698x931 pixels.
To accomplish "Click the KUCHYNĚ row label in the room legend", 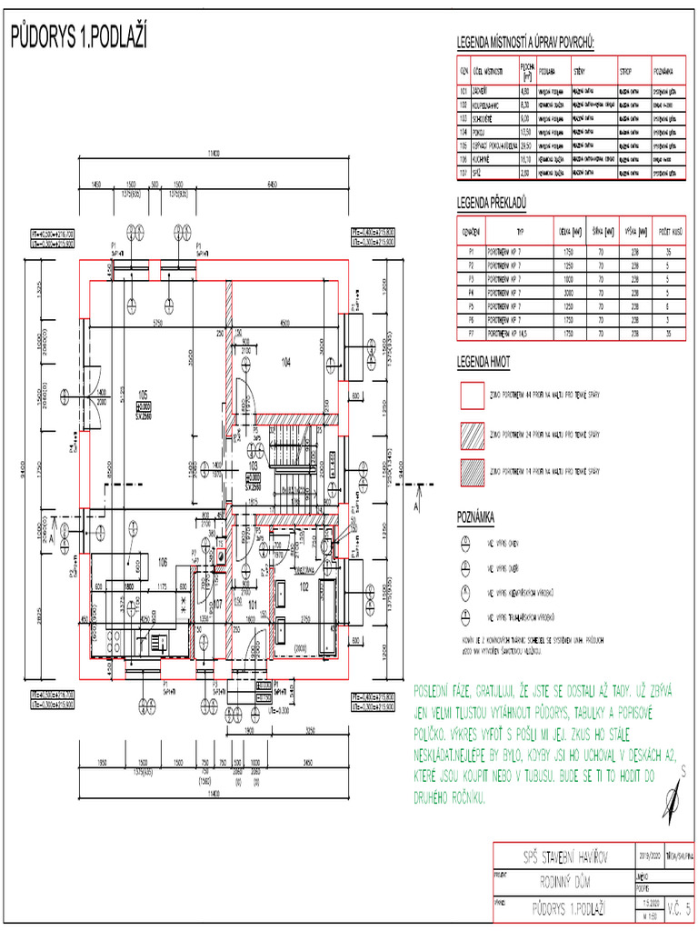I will [483, 157].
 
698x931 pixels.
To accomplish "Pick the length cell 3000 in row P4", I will [569, 293].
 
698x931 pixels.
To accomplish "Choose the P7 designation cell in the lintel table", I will [471, 335].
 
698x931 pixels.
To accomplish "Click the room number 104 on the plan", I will [285, 362].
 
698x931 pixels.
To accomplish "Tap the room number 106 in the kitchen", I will [163, 561].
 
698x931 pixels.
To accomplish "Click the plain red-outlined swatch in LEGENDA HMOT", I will [471, 395].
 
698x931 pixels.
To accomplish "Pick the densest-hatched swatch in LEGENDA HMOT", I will [471, 472].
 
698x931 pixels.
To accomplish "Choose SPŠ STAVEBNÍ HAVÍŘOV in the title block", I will [565, 856].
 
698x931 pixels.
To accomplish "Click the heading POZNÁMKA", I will [475, 517].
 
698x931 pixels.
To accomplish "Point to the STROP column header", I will [627, 70].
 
